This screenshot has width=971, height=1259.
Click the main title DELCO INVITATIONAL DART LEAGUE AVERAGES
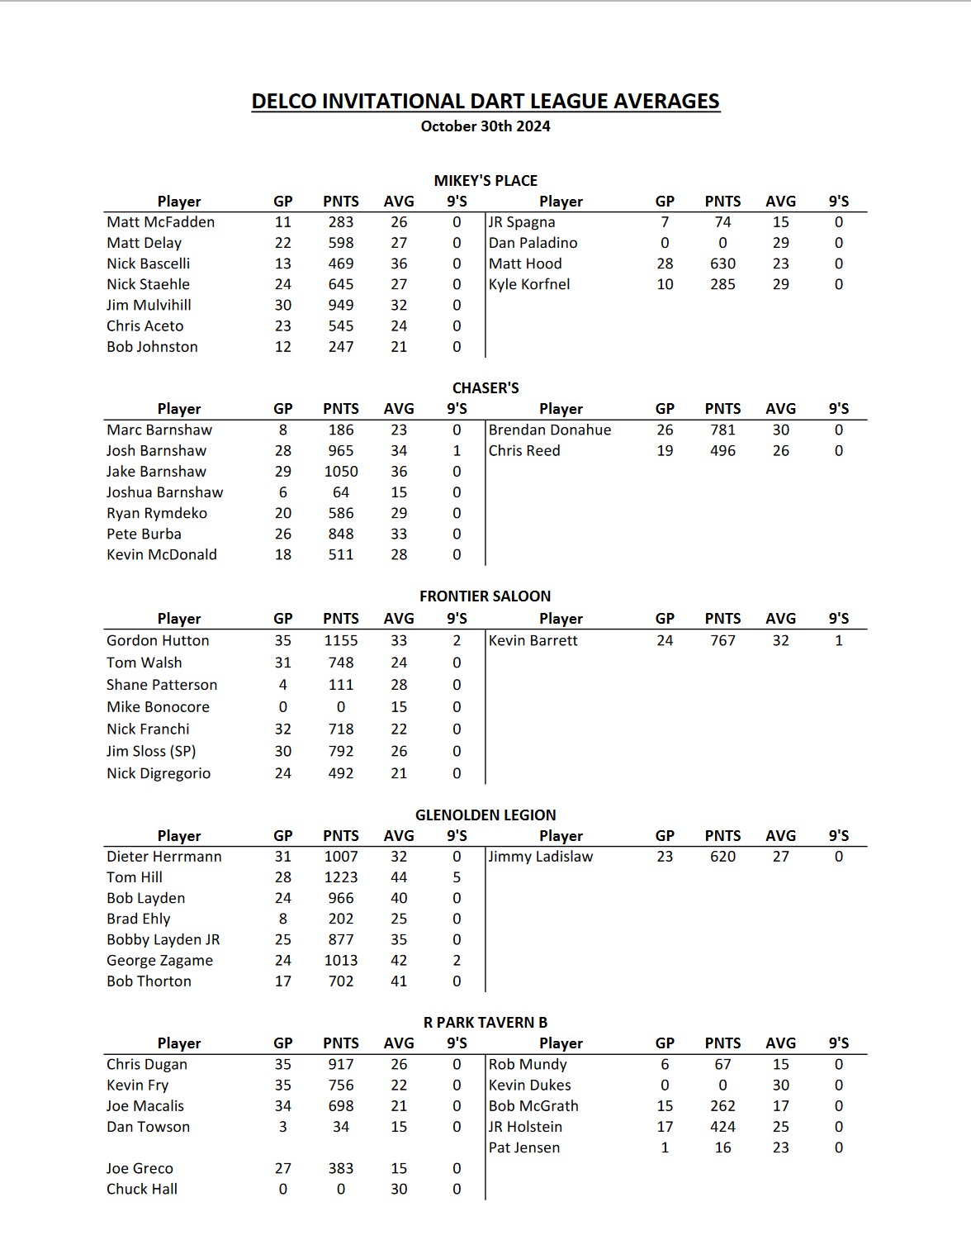(485, 101)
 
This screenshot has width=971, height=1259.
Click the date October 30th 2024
(485, 126)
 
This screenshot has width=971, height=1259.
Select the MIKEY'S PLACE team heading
(485, 180)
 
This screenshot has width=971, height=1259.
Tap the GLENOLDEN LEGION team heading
(485, 815)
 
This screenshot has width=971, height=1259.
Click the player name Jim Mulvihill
(149, 305)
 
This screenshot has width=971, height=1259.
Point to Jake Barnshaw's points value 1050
(341, 471)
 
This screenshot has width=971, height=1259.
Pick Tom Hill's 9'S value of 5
(457, 877)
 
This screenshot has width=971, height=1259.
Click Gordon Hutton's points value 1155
(341, 640)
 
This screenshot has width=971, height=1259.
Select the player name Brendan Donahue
(550, 430)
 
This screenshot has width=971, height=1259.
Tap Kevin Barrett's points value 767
(722, 640)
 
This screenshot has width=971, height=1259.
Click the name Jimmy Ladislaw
(541, 857)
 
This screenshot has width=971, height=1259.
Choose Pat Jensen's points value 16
(722, 1147)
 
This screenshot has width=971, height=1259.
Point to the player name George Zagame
(159, 960)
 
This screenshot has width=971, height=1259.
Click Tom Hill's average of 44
(399, 877)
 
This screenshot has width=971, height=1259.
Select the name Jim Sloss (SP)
(151, 751)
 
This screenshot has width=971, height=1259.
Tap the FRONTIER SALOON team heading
(485, 596)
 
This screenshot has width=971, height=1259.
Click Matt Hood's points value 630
(722, 264)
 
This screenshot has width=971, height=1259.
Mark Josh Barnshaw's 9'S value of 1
(457, 450)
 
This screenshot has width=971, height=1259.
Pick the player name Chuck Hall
(142, 1189)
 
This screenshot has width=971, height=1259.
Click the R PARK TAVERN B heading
(485, 1022)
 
